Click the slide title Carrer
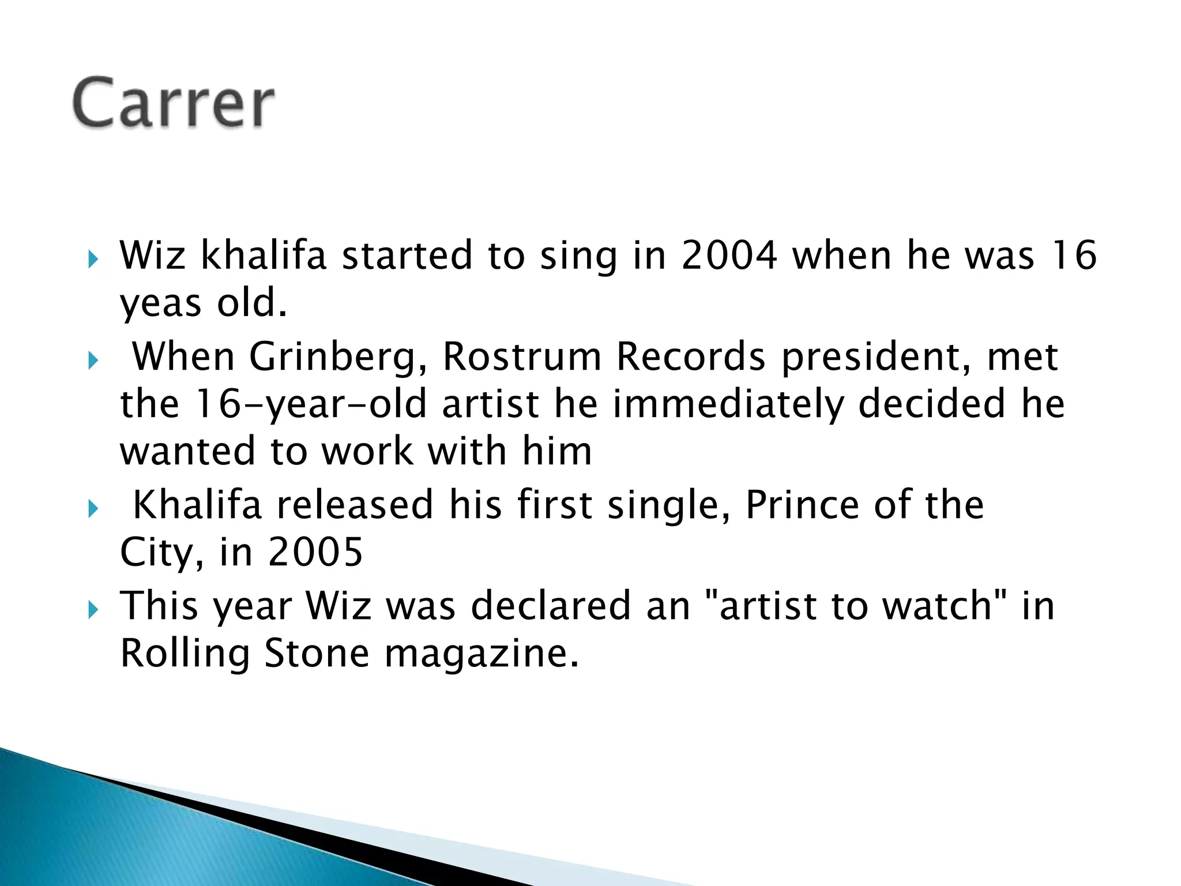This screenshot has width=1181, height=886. click(173, 103)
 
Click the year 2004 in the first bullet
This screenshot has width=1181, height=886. click(729, 255)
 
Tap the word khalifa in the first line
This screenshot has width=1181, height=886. click(264, 255)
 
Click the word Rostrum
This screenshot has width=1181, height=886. click(522, 356)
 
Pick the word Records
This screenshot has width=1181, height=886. click(691, 356)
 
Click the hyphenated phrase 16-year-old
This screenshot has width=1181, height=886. click(311, 404)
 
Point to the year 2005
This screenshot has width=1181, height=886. click(315, 552)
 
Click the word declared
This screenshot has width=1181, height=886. click(551, 606)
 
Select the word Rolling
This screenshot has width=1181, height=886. click(185, 654)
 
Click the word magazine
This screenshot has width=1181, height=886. click(481, 654)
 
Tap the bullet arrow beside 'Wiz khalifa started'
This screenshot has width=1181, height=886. click(93, 259)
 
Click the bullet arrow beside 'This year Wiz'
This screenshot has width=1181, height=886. click(93, 610)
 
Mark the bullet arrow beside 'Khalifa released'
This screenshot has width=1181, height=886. click(93, 509)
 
